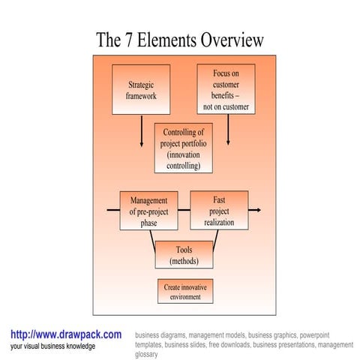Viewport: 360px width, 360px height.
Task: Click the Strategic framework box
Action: [x=141, y=90]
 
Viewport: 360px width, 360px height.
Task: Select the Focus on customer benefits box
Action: [x=226, y=90]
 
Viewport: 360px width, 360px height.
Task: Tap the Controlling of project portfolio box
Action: [x=183, y=149]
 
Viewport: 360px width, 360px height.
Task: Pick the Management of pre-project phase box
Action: [x=148, y=211]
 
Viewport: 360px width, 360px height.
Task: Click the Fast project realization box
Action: [x=219, y=211]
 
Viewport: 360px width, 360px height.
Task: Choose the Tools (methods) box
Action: [x=184, y=255]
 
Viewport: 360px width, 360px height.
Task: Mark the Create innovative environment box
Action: [x=185, y=292]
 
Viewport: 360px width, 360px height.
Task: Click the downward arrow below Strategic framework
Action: [x=141, y=133]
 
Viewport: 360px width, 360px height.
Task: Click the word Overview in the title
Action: [x=232, y=39]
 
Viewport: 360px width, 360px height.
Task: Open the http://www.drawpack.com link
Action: [x=65, y=334]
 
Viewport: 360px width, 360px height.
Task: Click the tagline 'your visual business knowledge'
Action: [x=52, y=346]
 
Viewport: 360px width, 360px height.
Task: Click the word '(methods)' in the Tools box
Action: [x=184, y=261]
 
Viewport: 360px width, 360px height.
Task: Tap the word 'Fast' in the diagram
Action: [x=219, y=200]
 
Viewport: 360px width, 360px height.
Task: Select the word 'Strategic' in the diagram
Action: [x=141, y=85]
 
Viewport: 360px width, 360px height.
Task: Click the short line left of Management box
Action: [x=113, y=211]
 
